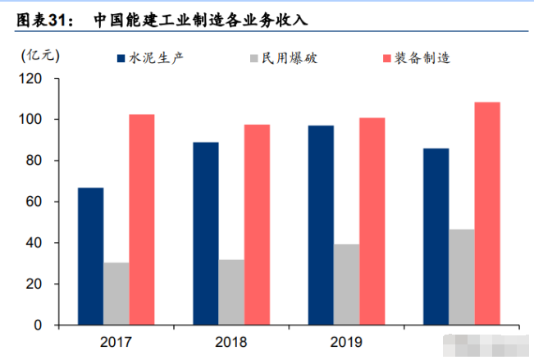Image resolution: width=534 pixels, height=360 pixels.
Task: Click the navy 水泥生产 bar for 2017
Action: point(90,256)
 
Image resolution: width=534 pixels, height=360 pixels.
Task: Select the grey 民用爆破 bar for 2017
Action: point(116,294)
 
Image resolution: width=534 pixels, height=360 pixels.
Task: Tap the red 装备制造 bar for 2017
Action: point(141,219)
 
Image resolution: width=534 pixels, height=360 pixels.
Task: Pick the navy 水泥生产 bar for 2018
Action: point(206,234)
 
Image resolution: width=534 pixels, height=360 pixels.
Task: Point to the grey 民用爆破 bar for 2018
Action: point(231,292)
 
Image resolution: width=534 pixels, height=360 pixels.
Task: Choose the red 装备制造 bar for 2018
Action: point(257,225)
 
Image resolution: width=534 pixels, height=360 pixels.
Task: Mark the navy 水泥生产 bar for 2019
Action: point(321,225)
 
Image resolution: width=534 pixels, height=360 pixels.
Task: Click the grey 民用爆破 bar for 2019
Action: point(346,285)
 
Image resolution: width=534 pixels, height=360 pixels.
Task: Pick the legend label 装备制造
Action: point(422,58)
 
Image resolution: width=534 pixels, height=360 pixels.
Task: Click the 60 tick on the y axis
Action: point(34,202)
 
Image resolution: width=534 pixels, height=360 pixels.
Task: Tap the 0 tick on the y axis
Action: point(38,326)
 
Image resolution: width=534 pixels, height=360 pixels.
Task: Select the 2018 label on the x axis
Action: point(231,341)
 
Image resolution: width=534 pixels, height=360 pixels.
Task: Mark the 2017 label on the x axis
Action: point(116,341)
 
